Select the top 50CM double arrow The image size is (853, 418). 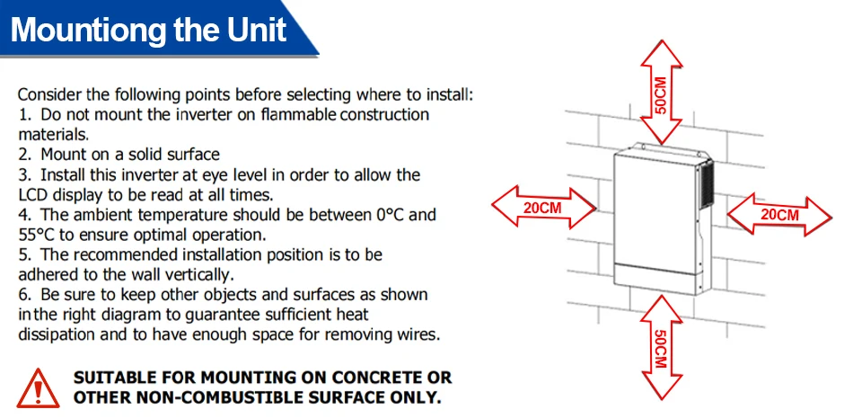(x=660, y=93)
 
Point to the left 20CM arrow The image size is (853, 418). (x=543, y=209)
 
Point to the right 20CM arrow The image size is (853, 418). (x=779, y=215)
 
